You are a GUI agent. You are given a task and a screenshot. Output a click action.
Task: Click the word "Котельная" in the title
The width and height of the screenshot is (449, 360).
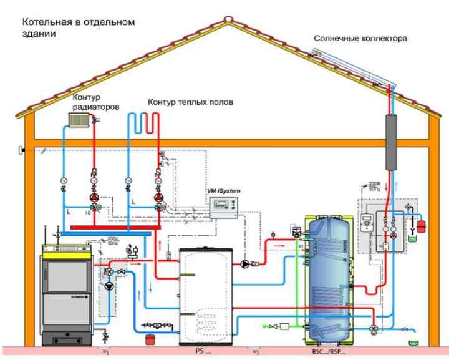[44, 22]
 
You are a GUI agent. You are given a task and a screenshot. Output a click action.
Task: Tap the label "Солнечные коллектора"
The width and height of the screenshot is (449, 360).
[360, 38]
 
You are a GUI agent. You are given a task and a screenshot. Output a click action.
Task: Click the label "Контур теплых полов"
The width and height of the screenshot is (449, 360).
[190, 101]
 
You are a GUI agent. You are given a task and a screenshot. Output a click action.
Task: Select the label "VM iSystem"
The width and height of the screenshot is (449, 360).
[223, 190]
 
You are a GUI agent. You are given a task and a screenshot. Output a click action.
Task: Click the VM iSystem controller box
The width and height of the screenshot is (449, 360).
[226, 205]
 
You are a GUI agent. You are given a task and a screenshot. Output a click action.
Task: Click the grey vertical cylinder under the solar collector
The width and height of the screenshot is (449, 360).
[393, 142]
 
